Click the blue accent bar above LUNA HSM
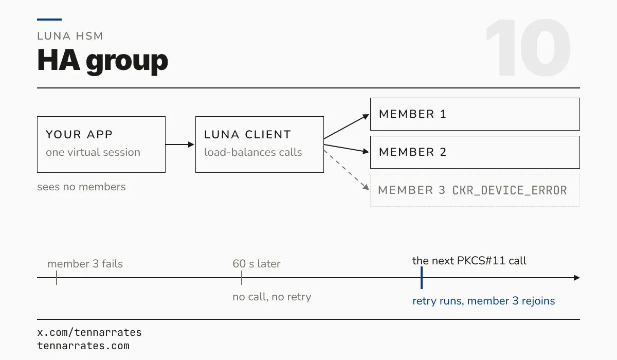49,20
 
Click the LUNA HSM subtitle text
70,36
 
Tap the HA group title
102,61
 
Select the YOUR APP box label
79,134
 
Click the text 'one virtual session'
93,152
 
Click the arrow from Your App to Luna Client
180,145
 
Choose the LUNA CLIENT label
248,134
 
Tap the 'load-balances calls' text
253,152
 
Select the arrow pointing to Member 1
347,127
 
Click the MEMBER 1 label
412,114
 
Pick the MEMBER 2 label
412,152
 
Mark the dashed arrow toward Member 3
347,170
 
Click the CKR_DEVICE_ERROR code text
510,190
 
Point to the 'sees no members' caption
82,187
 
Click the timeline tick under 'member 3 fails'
57,278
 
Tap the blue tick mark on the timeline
422,278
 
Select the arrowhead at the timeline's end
577,278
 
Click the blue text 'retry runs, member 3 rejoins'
484,301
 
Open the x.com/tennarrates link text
89,332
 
